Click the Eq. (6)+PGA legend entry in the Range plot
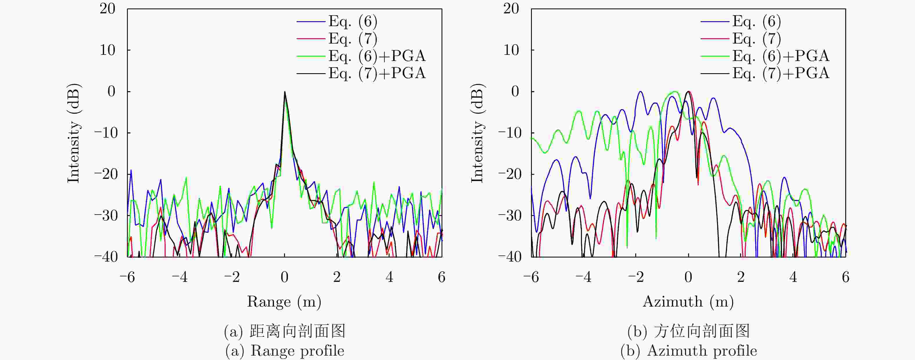(376, 56)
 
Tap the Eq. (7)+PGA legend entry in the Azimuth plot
(781, 73)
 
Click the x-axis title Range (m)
(284, 302)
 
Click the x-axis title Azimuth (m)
(688, 302)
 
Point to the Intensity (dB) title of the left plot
(74, 133)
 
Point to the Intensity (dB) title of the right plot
(478, 133)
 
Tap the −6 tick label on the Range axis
(127, 277)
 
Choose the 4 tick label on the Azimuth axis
(793, 277)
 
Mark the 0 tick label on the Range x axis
(284, 277)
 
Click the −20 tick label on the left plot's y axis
(105, 174)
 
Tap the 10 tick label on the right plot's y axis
(511, 50)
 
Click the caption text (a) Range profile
(284, 351)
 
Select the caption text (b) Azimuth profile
(688, 351)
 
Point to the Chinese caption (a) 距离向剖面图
(284, 331)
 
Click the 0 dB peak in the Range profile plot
(284, 92)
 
